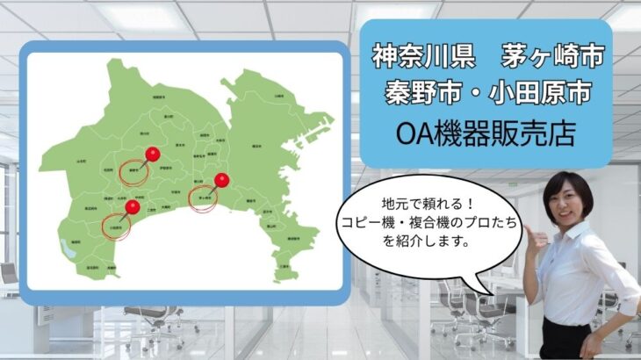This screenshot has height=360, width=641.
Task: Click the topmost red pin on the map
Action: pyautogui.click(x=151, y=155)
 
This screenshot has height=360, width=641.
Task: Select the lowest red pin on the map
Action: pyautogui.click(x=132, y=207)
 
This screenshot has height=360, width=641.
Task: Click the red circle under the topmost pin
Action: pyautogui.click(x=134, y=170)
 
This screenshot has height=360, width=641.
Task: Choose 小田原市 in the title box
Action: pyautogui.click(x=544, y=91)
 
